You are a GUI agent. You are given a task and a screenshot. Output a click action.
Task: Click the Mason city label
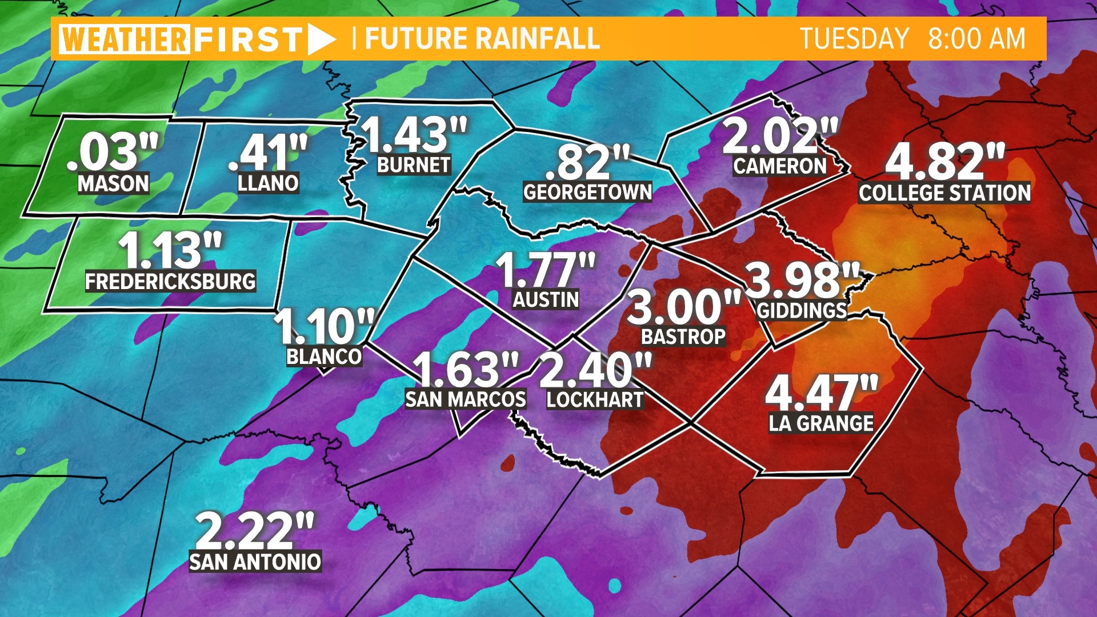[113, 184]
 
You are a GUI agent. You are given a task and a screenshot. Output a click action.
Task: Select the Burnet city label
[414, 165]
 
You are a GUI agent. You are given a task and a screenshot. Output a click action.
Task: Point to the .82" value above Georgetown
[587, 162]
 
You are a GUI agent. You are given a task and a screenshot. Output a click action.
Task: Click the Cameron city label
[780, 166]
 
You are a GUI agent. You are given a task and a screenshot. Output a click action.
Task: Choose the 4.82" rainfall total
[944, 162]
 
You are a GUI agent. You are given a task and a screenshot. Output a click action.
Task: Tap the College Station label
[944, 193]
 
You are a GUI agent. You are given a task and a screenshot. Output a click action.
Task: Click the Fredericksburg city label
[170, 282]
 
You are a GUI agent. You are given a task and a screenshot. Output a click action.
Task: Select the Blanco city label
[324, 356]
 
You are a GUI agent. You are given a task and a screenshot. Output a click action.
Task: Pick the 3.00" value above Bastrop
[684, 307]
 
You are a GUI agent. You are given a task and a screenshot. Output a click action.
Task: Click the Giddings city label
[802, 311]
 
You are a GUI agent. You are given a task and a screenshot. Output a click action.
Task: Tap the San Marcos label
[466, 399]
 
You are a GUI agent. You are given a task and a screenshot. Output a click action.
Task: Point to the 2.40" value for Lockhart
[595, 370]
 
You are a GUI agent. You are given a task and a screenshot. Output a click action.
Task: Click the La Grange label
[821, 423]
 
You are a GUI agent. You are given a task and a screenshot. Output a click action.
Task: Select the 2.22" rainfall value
[255, 531]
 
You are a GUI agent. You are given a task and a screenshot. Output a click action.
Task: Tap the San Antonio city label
[255, 562]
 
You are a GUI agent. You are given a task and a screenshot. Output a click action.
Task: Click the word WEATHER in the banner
[124, 39]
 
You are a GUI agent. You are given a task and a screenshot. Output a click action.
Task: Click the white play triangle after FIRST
[321, 39]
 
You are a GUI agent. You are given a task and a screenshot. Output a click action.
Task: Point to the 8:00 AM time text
[976, 39]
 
